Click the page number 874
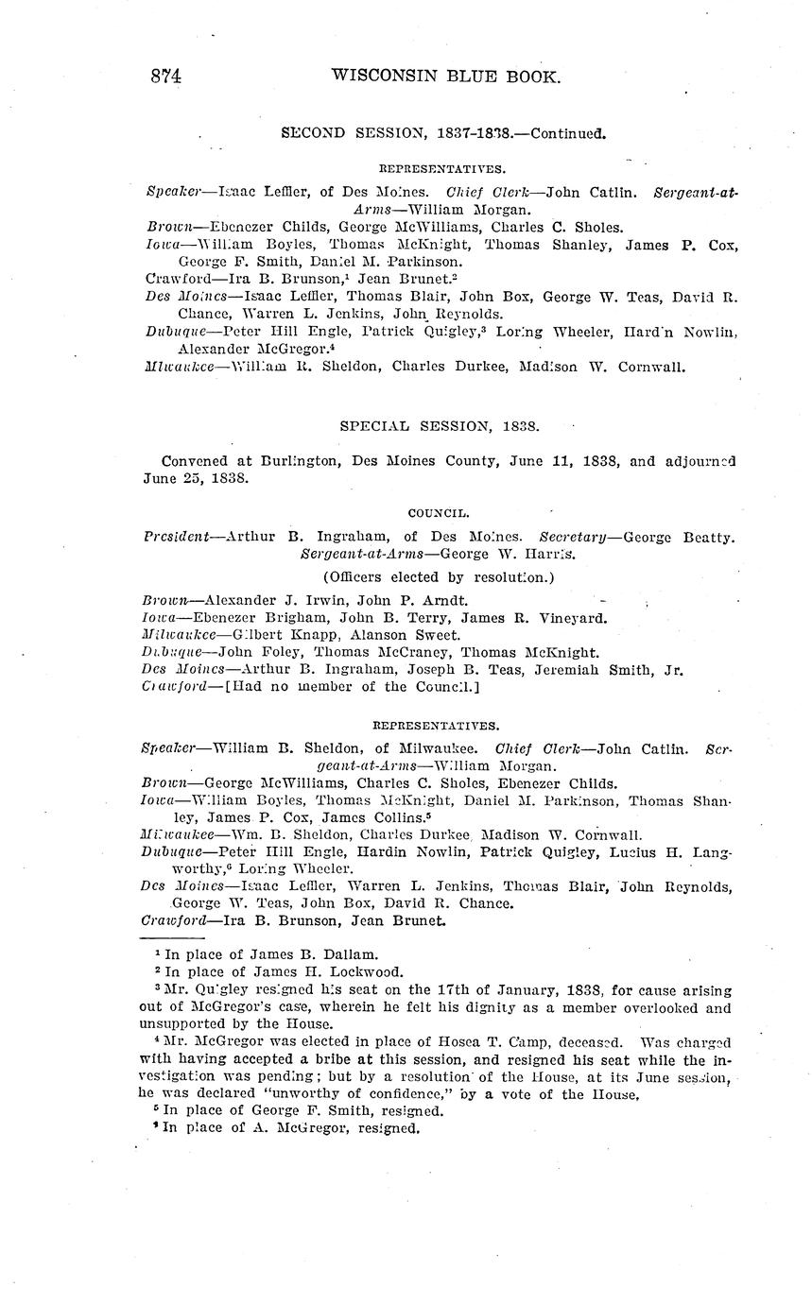(x=166, y=77)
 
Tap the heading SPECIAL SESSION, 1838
(x=440, y=426)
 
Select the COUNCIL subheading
(x=439, y=513)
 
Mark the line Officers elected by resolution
(x=439, y=576)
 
